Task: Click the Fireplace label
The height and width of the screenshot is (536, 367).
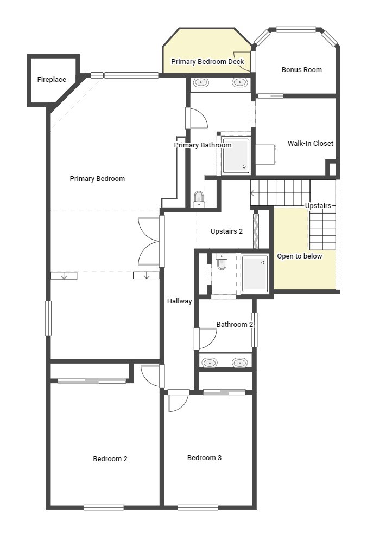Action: [x=52, y=80]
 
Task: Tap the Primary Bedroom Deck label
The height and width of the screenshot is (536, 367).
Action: [x=207, y=62]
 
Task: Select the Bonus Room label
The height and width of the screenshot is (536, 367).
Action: [x=301, y=70]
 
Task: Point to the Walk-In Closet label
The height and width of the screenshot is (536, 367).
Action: [x=310, y=144]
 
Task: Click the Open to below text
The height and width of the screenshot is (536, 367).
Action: [x=299, y=256]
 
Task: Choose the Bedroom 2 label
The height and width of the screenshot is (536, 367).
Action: [x=110, y=459]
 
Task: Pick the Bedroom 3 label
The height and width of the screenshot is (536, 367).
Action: [x=204, y=458]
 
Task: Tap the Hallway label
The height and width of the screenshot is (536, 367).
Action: [x=179, y=301]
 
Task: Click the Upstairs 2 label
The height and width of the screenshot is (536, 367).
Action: [x=226, y=231]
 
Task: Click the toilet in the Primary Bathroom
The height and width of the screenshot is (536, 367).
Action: [x=199, y=198]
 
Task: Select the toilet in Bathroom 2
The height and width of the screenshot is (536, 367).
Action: [x=222, y=262]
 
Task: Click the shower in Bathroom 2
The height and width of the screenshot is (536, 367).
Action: [x=254, y=274]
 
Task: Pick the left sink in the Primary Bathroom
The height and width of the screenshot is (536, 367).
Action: [x=201, y=83]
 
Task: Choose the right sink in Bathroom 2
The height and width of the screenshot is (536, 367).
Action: [x=239, y=363]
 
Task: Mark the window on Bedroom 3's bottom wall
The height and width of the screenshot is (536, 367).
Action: [x=198, y=508]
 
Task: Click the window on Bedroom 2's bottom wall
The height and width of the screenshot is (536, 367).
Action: [x=104, y=508]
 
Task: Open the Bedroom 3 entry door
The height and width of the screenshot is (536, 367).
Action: [x=177, y=401]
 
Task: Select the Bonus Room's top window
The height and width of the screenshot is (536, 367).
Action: [x=296, y=30]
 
